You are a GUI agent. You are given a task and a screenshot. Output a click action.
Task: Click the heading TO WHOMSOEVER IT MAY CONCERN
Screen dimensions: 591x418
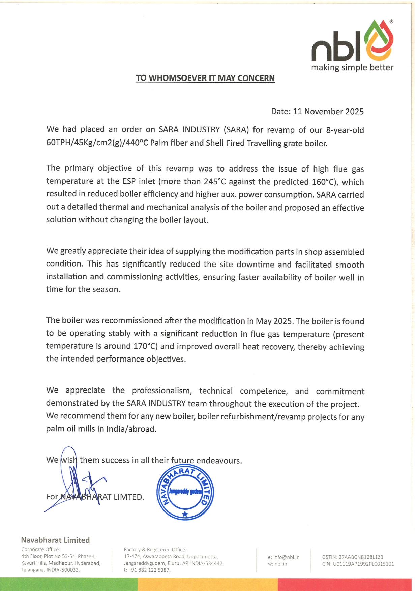pos(205,78)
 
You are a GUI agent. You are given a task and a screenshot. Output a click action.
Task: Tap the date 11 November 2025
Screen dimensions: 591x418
pos(328,112)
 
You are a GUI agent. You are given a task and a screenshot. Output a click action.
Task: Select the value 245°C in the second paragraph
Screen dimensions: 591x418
pos(214,182)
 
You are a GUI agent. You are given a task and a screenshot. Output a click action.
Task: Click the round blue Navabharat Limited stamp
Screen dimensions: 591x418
pos(185,493)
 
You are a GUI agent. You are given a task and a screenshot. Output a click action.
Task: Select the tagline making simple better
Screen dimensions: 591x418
pos(352,67)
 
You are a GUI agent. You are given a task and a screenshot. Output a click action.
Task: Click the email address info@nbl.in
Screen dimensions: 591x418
pos(287,557)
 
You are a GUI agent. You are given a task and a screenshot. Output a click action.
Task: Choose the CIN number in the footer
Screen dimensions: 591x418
pos(363,564)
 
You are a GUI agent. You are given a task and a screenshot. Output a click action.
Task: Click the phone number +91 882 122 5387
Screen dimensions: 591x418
pos(149,570)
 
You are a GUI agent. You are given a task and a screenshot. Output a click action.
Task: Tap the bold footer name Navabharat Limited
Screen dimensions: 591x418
pos(55,540)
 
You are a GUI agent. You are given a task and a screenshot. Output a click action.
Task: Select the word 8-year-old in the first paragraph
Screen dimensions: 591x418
pos(345,130)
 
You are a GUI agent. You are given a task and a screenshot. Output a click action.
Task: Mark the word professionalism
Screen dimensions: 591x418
pos(162,391)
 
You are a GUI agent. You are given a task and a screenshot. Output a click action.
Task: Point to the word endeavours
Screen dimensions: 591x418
pos(219,461)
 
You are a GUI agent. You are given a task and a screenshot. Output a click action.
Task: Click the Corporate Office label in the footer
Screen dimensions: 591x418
pos(40,549)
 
